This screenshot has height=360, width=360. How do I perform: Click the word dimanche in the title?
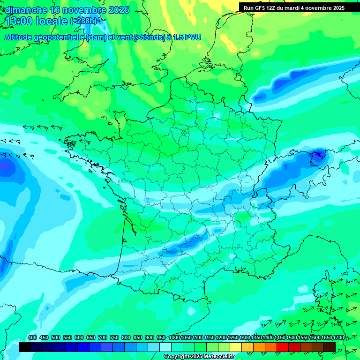point(26,10)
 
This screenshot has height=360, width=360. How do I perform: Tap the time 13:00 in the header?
point(19,21)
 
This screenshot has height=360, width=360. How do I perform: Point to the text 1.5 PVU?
point(187,37)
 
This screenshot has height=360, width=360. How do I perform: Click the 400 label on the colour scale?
point(32,337)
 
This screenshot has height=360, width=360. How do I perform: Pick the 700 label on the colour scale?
point(103,337)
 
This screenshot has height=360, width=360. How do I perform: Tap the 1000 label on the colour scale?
point(174,337)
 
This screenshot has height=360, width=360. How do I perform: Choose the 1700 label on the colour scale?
point(338,337)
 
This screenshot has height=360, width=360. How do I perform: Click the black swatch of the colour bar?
point(25,347)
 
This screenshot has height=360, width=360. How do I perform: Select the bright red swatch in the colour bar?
point(283,347)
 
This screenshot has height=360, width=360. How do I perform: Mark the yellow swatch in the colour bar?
point(236,347)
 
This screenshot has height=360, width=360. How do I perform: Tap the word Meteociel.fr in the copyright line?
point(218,357)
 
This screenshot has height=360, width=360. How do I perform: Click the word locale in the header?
point(52,21)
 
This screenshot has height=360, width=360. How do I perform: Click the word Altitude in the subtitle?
point(20,37)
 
